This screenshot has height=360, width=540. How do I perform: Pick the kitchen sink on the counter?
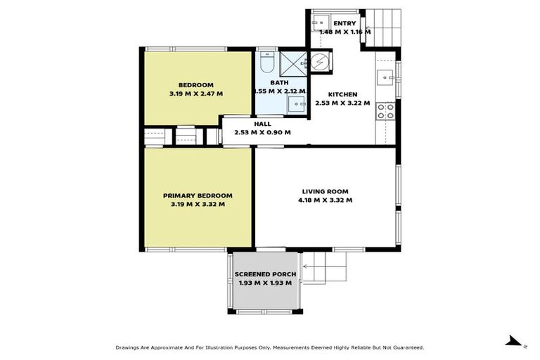386,76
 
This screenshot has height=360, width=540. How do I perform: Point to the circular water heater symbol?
320,62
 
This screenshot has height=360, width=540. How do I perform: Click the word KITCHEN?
342,94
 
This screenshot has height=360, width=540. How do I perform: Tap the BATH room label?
279,82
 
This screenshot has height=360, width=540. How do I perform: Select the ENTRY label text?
345,23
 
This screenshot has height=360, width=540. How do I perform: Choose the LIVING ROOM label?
325,191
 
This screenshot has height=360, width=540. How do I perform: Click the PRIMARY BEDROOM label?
198,195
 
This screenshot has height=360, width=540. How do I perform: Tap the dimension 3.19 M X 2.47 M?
196,94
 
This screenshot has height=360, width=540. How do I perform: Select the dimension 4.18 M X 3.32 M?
325,200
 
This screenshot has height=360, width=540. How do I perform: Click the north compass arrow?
517,342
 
